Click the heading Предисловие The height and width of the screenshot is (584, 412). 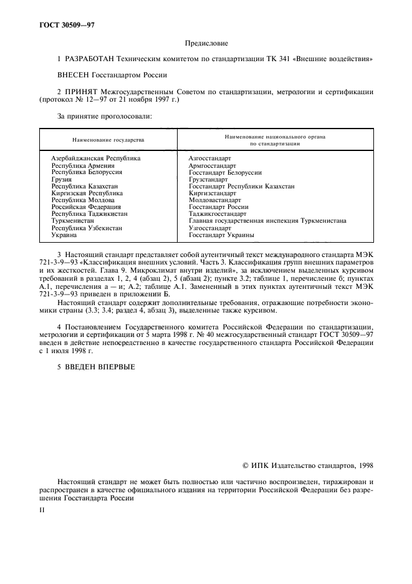(206, 43)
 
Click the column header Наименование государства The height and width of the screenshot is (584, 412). (108, 139)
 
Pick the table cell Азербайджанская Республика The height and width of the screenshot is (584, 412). (95, 158)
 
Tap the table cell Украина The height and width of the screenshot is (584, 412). (64, 235)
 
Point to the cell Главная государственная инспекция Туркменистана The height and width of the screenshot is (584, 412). (267, 221)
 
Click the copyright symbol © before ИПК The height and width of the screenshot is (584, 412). (246, 465)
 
